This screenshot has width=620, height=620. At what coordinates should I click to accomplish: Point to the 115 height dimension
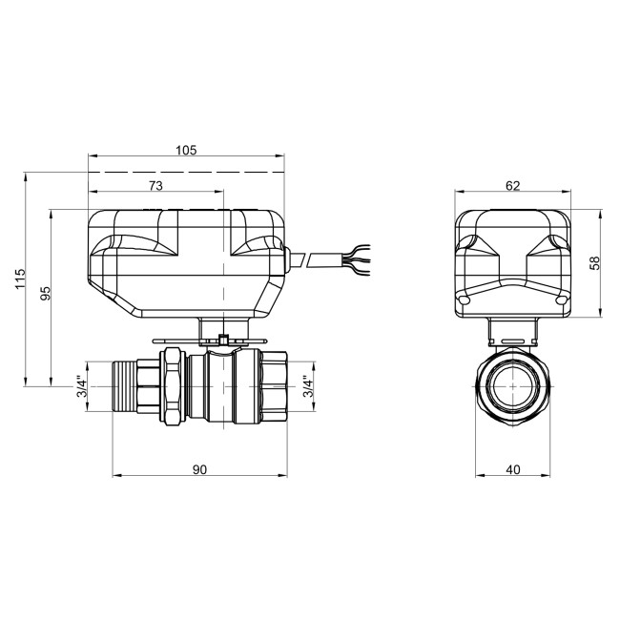tap(19, 280)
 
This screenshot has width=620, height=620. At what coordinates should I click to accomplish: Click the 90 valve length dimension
tap(199, 468)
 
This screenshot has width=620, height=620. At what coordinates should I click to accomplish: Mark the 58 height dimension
tap(595, 262)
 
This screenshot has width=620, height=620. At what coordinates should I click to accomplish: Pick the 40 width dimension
tap(513, 468)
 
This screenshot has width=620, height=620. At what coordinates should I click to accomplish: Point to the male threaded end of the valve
tap(123, 386)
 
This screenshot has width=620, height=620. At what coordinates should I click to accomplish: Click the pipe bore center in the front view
tap(513, 386)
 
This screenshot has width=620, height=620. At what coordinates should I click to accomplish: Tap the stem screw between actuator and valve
tap(221, 339)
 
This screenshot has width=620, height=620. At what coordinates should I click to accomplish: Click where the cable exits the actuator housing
tap(289, 259)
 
